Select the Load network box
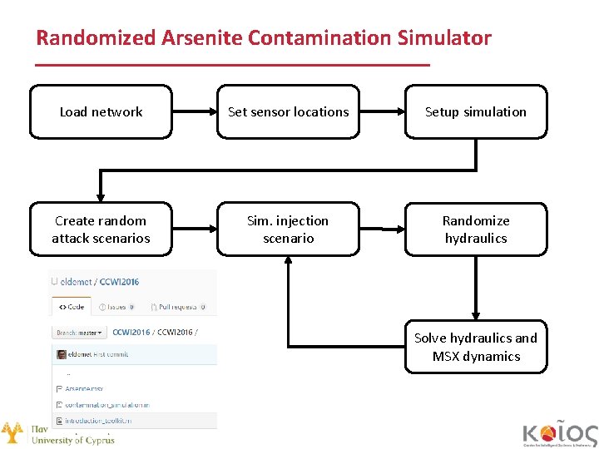tap(101, 111)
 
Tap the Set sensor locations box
tap(288, 111)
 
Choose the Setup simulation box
tap(476, 111)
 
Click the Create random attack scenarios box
tap(101, 229)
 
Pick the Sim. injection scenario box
tap(288, 229)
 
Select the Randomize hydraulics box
tap(476, 229)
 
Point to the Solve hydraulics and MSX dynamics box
tap(476, 348)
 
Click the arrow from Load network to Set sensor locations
tap(195, 111)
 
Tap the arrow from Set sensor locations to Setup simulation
tap(382, 111)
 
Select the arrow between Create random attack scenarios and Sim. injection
tap(195, 229)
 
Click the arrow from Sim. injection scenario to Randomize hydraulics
tap(382, 229)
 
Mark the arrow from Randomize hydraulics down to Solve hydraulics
tap(476, 288)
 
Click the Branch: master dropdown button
tap(79, 332)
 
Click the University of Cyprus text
tap(73, 440)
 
